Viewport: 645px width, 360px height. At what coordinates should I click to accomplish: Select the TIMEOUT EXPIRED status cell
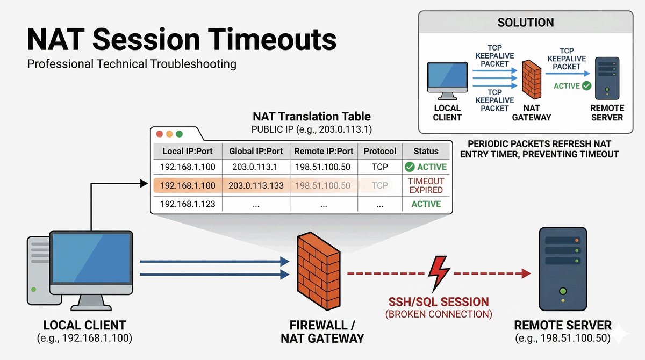tap(426, 185)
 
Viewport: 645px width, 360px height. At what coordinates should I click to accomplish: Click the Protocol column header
tap(380, 151)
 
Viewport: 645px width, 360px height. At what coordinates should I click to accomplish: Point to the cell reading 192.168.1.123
tap(188, 204)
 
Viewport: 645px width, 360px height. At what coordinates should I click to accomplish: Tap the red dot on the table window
tap(159, 134)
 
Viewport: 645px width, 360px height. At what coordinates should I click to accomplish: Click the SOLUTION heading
tap(526, 23)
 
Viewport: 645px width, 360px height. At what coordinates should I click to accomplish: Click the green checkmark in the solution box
tap(586, 85)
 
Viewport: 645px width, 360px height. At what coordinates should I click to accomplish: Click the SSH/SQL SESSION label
tap(439, 302)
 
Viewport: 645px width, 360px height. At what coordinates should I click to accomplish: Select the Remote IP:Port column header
tap(324, 151)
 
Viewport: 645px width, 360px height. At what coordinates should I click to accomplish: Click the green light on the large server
tap(563, 291)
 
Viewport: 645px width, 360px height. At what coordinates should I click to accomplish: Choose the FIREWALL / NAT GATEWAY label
tap(322, 332)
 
